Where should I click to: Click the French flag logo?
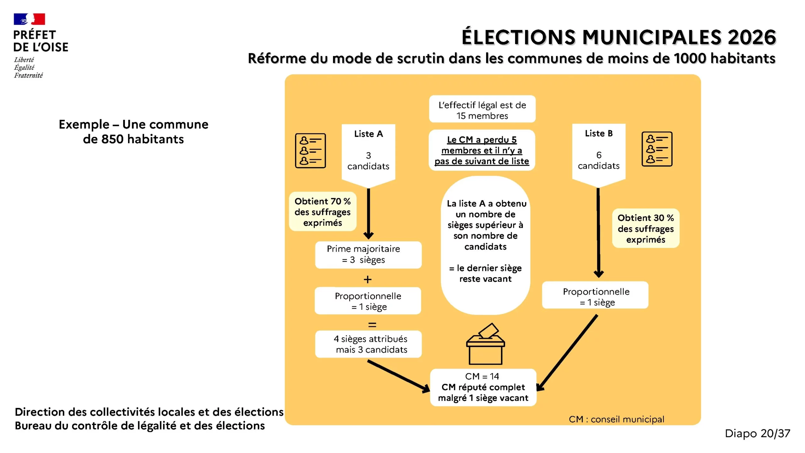coord(29,19)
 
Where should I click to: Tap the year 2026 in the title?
coord(752,37)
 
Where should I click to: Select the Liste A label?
coord(368,134)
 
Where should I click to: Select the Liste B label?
coord(598,133)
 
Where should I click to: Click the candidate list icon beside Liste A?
coord(310,151)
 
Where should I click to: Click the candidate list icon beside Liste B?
coord(657,149)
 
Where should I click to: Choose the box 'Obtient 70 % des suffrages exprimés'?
coord(322,212)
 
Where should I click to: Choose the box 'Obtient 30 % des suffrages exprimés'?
coord(645,228)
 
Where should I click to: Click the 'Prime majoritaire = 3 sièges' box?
coord(368,254)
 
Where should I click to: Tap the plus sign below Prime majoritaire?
coord(367,279)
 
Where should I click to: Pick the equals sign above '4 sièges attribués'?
coord(372,325)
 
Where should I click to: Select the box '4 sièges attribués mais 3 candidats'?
coord(368,344)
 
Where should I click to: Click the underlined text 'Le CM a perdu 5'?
coord(481,140)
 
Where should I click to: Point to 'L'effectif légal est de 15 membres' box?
coord(482,110)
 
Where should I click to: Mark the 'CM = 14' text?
coord(482,376)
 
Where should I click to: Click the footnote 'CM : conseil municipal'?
coord(616,419)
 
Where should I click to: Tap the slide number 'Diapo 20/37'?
coord(757,433)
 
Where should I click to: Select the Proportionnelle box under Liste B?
coord(596,297)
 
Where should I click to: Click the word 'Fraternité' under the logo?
coord(28,75)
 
